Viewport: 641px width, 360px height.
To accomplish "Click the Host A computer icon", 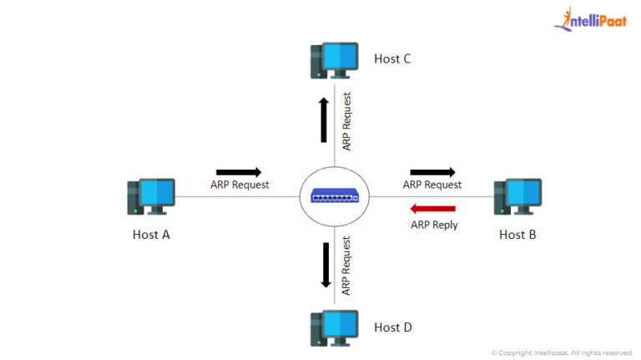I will (x=150, y=197).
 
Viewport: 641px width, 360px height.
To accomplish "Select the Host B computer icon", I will (x=517, y=197).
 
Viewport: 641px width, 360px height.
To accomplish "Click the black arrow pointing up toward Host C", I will (x=323, y=119).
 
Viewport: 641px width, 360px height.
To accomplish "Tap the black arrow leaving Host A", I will (x=238, y=171).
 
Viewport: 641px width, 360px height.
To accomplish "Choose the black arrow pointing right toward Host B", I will (x=432, y=172).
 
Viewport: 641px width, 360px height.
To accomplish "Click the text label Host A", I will (x=151, y=235).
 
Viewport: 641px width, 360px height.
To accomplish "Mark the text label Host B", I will (x=517, y=235).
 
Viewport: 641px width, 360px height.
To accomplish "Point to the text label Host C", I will (x=392, y=59).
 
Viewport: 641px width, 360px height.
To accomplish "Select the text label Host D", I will (x=393, y=327).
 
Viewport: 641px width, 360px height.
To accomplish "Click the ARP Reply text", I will (x=434, y=225).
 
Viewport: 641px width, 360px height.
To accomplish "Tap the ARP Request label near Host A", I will (x=240, y=185).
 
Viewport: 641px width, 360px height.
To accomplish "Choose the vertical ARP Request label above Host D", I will (x=346, y=266).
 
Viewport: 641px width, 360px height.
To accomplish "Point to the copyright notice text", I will (x=562, y=352).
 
